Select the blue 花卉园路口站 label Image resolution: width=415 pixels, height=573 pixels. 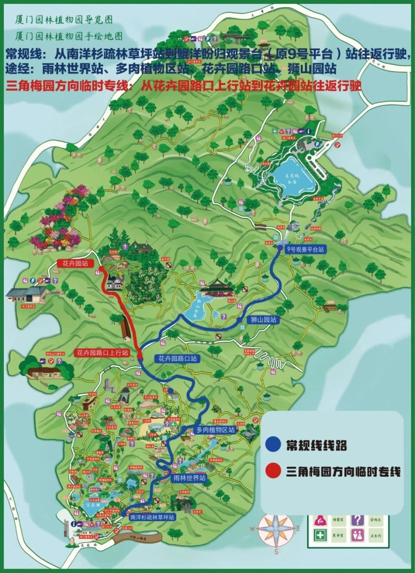click(x=177, y=358)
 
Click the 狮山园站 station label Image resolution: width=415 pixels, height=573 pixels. click(x=263, y=320)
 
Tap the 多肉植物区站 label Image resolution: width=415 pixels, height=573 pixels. click(x=215, y=430)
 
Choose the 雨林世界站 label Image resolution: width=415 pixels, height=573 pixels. click(x=189, y=478)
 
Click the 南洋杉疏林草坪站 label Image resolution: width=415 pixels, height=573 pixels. click(x=152, y=517)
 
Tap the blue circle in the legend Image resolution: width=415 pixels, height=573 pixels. click(x=272, y=445)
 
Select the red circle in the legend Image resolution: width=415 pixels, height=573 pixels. click(x=272, y=471)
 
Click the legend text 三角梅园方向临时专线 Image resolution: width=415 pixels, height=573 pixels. click(x=343, y=471)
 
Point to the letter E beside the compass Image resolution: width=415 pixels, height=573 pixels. click(x=298, y=528)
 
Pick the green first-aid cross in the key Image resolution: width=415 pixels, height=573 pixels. click(x=320, y=535)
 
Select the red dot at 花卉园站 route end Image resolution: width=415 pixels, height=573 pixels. click(x=101, y=269)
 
